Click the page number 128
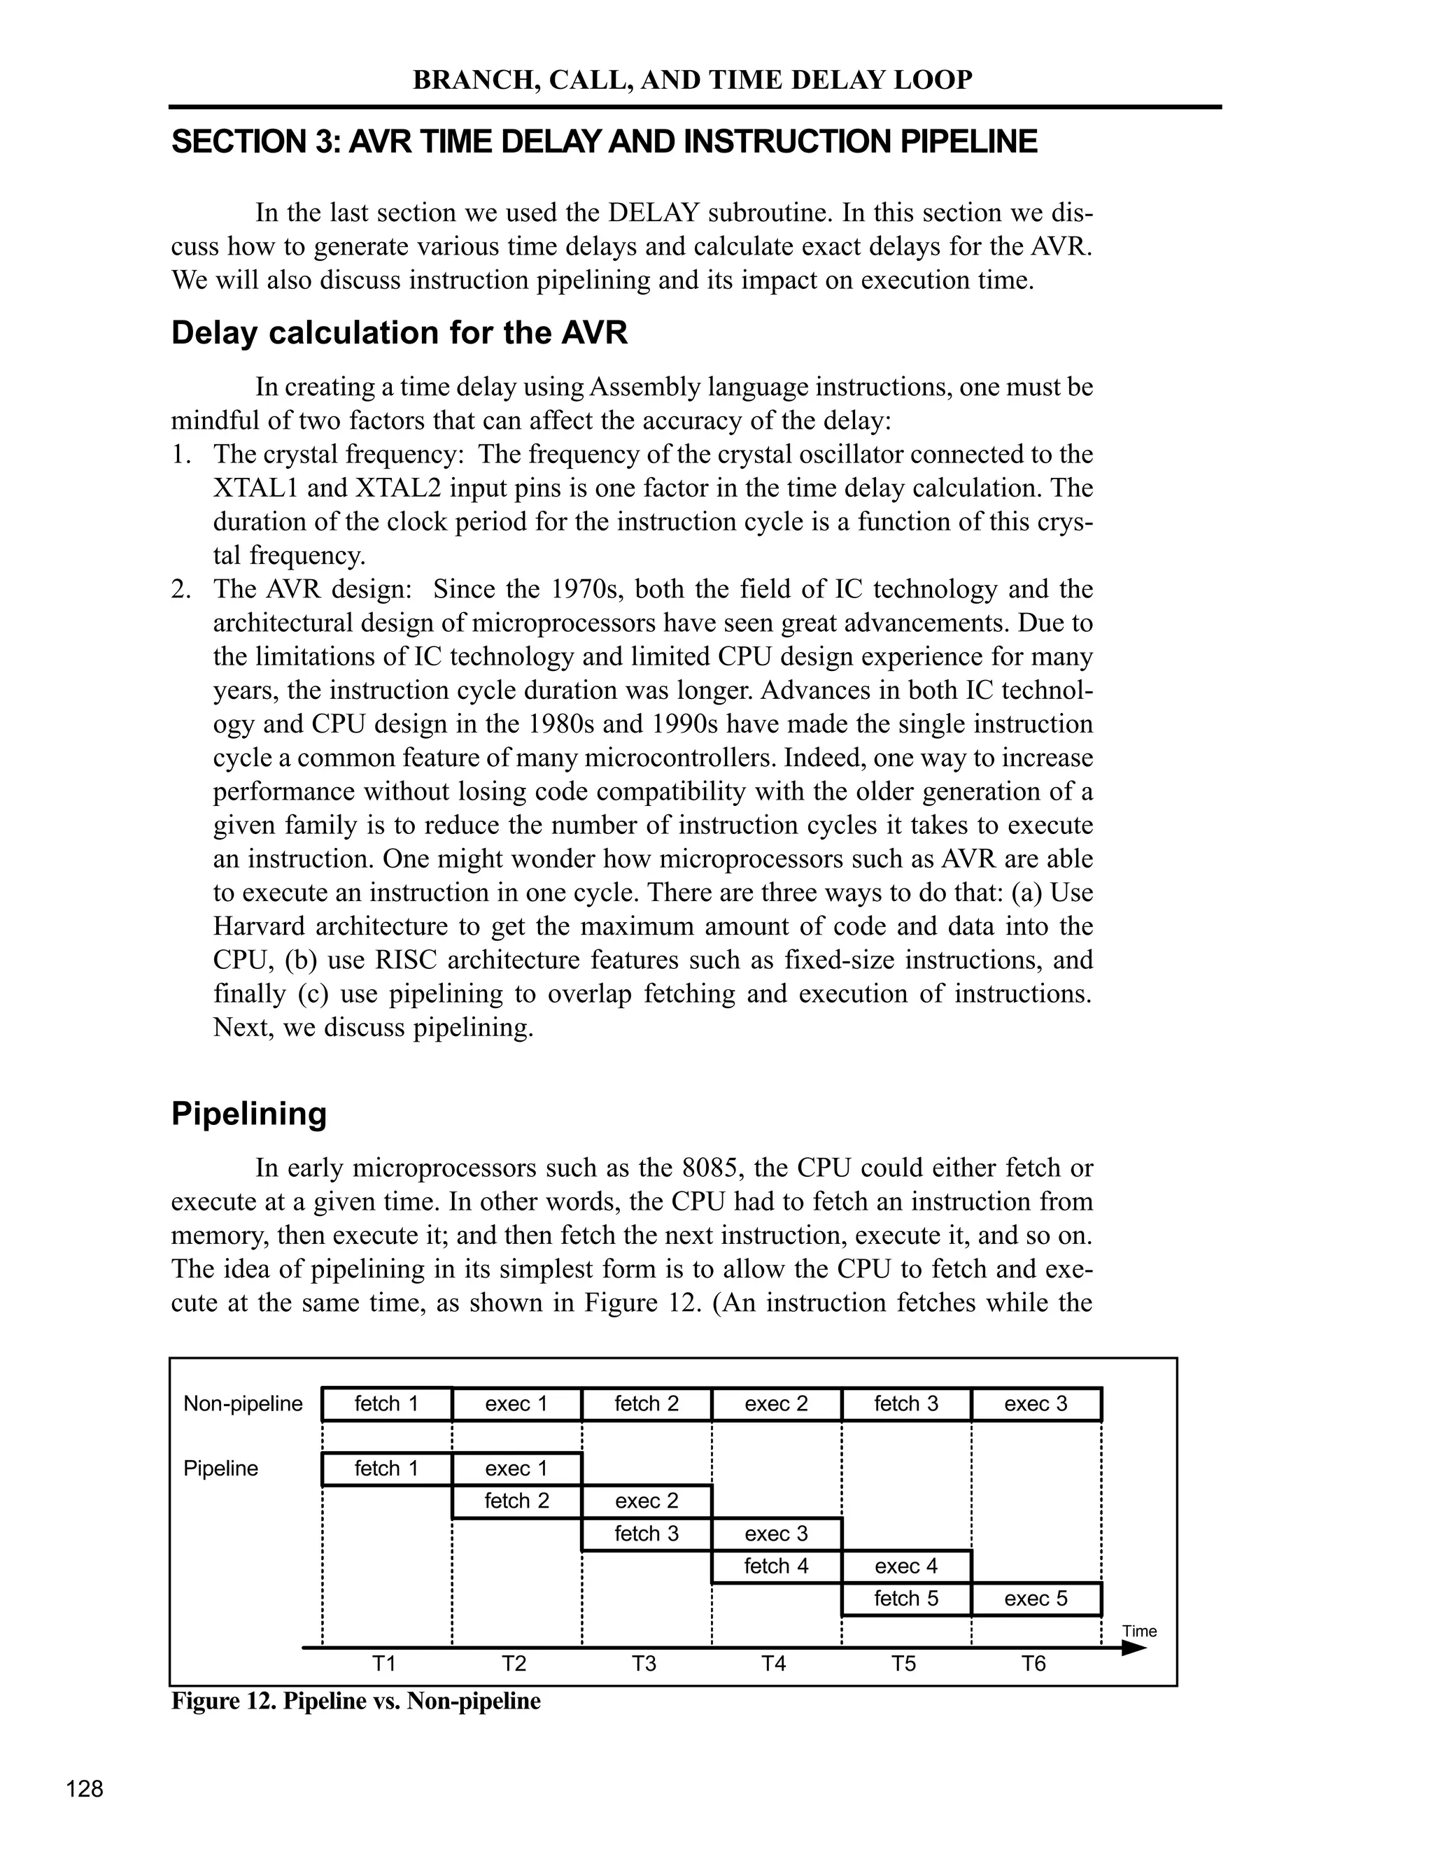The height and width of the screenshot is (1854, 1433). coord(85,1790)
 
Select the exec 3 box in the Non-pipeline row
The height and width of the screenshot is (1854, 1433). coord(1036,1404)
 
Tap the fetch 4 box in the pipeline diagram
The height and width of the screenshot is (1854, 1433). coord(776,1566)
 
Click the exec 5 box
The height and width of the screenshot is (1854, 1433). coord(1036,1599)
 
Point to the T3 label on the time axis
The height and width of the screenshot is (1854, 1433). coord(644,1664)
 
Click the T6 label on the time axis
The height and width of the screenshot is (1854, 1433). coord(1033,1664)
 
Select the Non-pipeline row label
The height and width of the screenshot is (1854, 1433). coord(243,1404)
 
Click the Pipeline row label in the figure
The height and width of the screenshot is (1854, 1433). coord(220,1469)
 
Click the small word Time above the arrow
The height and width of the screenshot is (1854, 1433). coord(1139,1632)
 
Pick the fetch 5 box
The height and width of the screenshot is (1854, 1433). coord(906,1599)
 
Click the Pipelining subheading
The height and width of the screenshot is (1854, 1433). coord(248,1114)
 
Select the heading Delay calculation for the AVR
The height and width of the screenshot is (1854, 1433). coord(399,333)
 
